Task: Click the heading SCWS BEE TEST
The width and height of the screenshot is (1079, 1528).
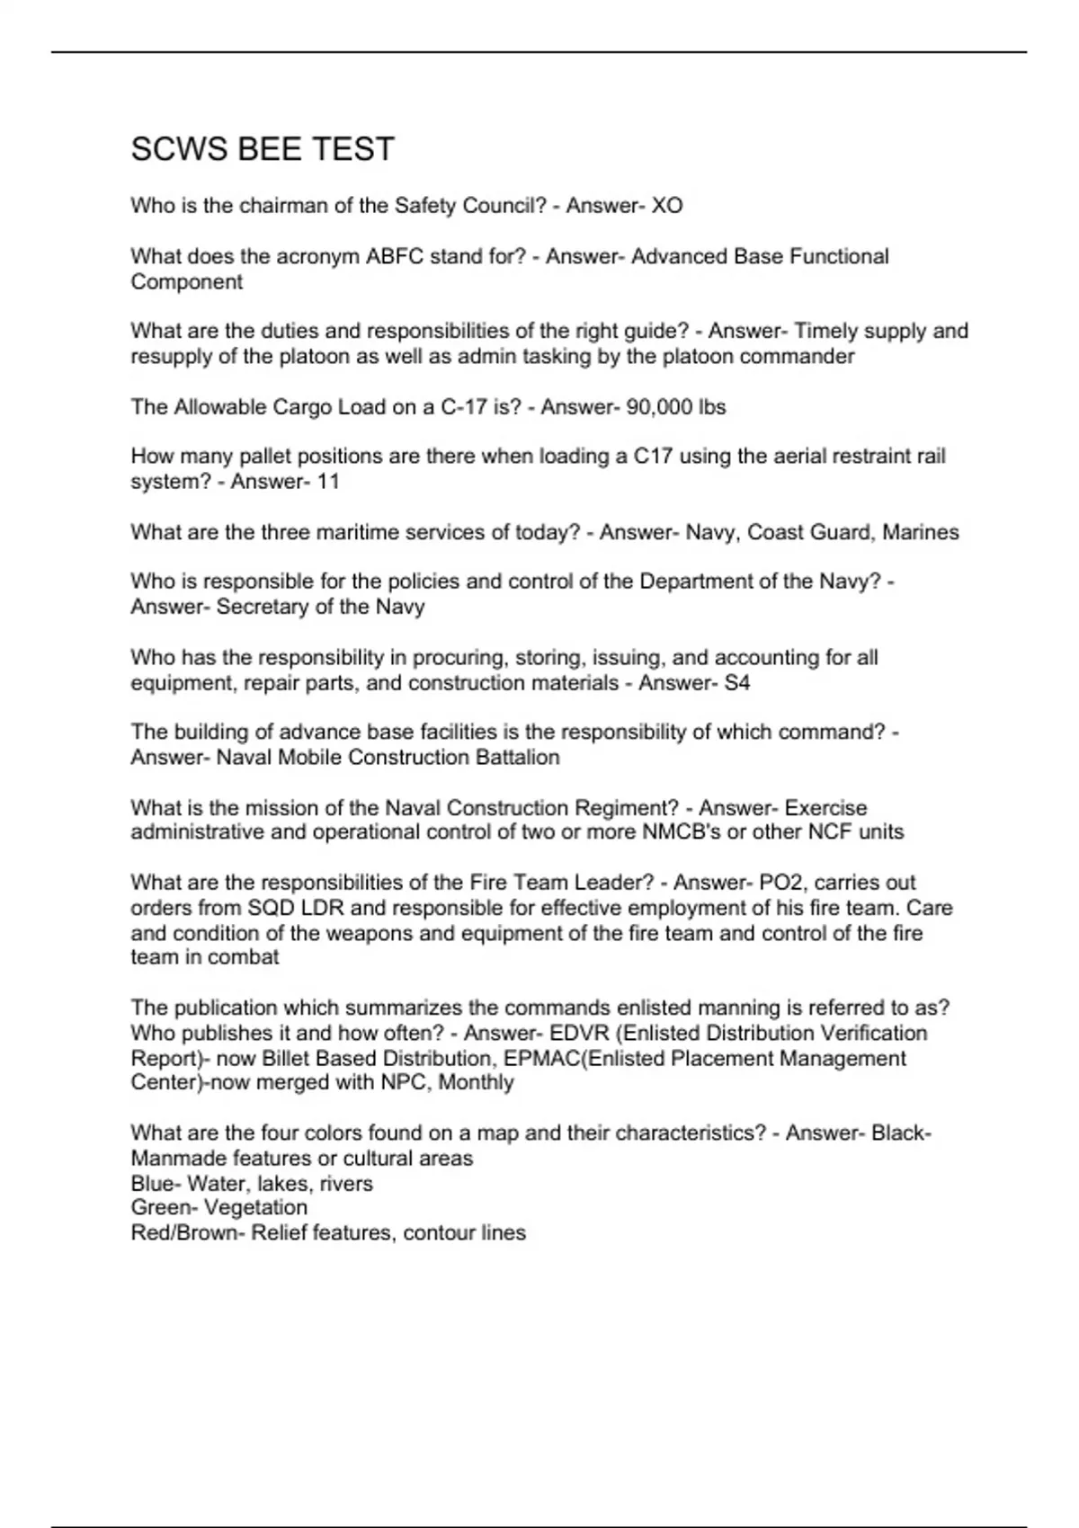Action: pyautogui.click(x=263, y=149)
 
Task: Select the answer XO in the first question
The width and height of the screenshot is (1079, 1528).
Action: pyautogui.click(x=666, y=206)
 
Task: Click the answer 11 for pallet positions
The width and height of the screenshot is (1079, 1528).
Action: pyautogui.click(x=328, y=482)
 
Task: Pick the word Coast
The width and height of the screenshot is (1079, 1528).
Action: pyautogui.click(x=776, y=532)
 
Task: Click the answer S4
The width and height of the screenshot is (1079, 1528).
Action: pyautogui.click(x=736, y=683)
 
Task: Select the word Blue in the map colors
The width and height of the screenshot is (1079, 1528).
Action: pyautogui.click(x=153, y=1184)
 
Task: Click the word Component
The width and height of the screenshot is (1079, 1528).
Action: pyautogui.click(x=186, y=282)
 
